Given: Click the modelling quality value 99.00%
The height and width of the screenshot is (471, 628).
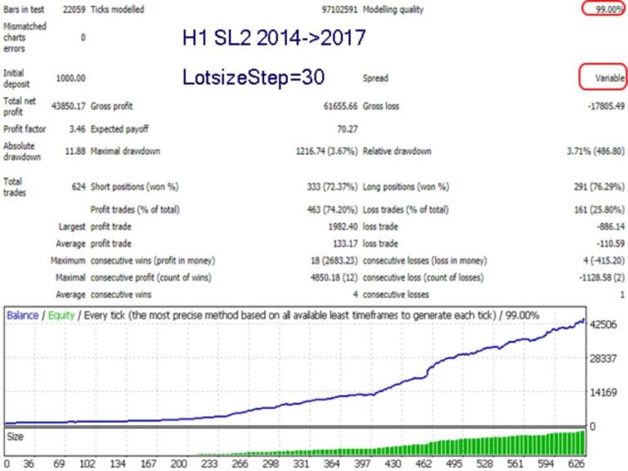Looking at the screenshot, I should pyautogui.click(x=605, y=9).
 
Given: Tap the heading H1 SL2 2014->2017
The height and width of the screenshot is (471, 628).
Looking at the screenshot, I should pyautogui.click(x=274, y=38).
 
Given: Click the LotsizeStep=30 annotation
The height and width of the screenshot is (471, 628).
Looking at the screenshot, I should pyautogui.click(x=254, y=78).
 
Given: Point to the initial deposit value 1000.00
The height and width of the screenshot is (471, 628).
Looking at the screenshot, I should pyautogui.click(x=70, y=78).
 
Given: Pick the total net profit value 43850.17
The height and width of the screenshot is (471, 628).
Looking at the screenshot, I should pyautogui.click(x=69, y=106).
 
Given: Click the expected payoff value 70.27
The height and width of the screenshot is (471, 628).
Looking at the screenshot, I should pyautogui.click(x=347, y=129).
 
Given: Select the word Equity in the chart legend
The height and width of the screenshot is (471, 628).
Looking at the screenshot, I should pyautogui.click(x=62, y=315).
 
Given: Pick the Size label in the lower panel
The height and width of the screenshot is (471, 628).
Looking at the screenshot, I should pyautogui.click(x=16, y=437).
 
